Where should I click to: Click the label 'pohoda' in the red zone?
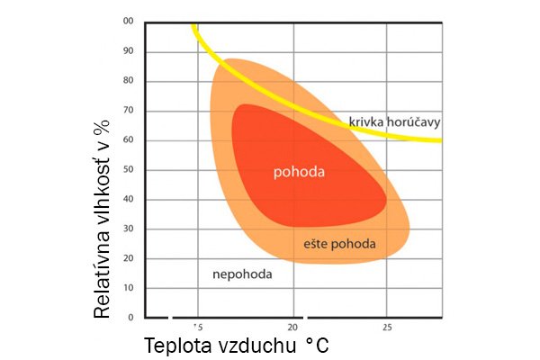point(300,171)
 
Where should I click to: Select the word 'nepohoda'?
point(241,273)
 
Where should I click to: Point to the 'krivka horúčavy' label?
point(395,121)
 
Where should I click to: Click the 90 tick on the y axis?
point(129,50)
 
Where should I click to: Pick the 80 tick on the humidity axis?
point(129,80)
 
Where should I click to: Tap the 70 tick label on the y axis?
point(129,110)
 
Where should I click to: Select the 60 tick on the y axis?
point(129,139)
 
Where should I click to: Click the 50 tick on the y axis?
point(129,169)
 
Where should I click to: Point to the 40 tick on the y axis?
point(129,199)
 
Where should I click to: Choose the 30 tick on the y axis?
point(129,229)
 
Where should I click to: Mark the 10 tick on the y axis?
point(129,288)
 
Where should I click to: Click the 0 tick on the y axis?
point(130,318)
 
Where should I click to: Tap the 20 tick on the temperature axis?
point(292,327)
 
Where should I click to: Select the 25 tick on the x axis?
point(387,327)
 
